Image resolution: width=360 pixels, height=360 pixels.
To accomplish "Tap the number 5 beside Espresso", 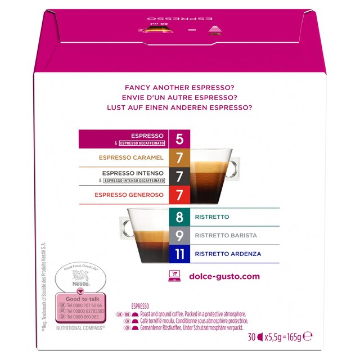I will [179, 139].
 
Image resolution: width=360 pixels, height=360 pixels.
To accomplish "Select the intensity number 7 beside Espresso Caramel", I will [179, 158].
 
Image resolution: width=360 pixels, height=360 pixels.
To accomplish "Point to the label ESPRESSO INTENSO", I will [139, 173].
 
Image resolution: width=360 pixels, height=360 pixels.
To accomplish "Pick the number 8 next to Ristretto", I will [179, 217].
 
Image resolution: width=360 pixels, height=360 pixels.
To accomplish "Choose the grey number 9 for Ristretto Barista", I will [179, 236].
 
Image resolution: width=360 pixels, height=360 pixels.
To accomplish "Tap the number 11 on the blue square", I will [179, 254].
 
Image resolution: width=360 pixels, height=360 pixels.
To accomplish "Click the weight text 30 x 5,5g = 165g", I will [280, 337].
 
